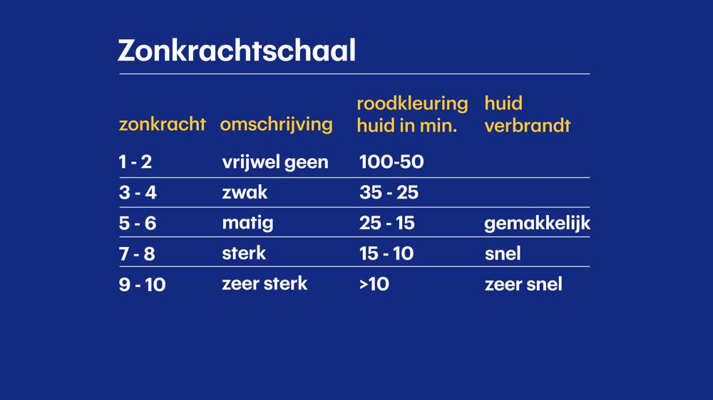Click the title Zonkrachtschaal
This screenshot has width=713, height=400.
tap(237, 50)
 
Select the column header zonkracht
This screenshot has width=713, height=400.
tap(163, 124)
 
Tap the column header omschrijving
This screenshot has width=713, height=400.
tap(277, 125)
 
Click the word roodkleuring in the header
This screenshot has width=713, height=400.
tap(412, 103)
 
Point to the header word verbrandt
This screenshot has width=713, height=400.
tap(528, 125)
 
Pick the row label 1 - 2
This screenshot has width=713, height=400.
tap(135, 162)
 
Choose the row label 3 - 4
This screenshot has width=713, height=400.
tap(138, 192)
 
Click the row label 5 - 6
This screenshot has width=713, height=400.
tap(138, 223)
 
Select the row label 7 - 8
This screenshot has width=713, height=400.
tap(137, 254)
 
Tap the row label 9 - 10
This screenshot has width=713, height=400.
tap(143, 285)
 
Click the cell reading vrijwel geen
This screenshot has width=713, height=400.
tap(275, 162)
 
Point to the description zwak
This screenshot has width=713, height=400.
tap(245, 192)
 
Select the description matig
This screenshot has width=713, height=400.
tap(248, 223)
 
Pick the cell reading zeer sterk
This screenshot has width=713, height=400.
tap(265, 284)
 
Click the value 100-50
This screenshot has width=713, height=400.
tap(391, 162)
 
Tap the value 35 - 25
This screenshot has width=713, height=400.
tap(389, 192)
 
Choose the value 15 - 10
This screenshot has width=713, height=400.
tap(386, 253)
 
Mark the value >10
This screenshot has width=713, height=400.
tap(374, 284)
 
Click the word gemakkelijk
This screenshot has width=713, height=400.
tap(538, 223)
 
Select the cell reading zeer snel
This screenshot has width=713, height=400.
tap(523, 284)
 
